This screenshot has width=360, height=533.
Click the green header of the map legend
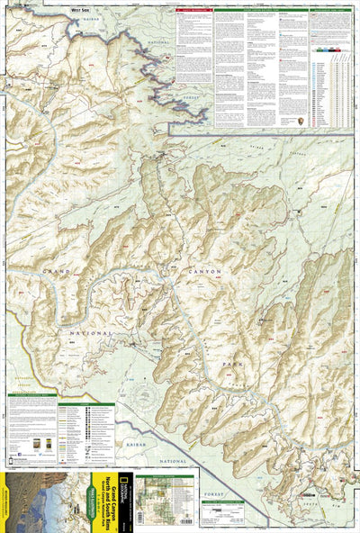(x=31, y=394)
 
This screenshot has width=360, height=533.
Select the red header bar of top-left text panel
(x=194, y=11)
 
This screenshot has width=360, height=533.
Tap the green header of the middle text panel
(x=238, y=11)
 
